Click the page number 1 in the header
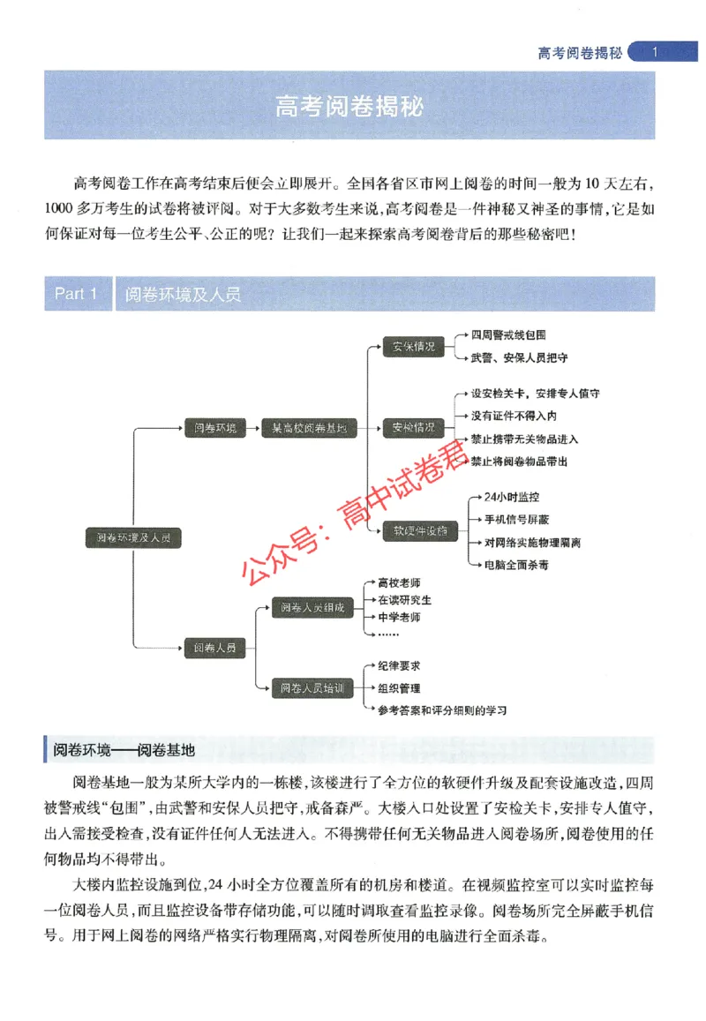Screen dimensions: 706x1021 pos(654,53)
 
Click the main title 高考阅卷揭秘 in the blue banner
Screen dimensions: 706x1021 pos(350,107)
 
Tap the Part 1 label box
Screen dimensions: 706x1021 pos(76,294)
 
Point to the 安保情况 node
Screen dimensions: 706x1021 pos(413,347)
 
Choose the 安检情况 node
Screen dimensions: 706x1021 pos(413,428)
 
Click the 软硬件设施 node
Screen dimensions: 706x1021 pos(413,530)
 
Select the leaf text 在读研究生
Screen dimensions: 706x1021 pos(404,599)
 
